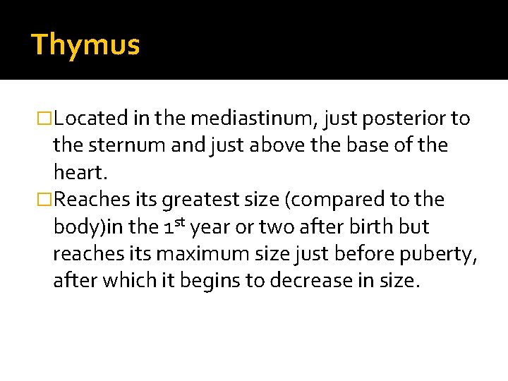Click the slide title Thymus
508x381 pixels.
tap(86, 45)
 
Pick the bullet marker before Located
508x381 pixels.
tap(46, 119)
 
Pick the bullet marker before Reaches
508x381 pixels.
tap(46, 200)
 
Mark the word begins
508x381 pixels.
tap(212, 281)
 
